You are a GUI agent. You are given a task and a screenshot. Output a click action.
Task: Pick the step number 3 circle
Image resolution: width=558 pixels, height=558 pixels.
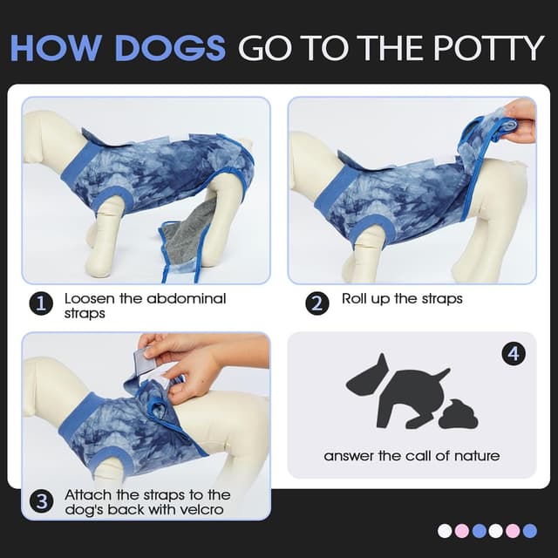pos(40,501)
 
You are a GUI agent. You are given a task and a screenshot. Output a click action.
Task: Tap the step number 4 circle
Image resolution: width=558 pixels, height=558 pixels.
pos(514,354)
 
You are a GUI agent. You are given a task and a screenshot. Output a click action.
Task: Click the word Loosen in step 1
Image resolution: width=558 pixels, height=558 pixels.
pos(89,298)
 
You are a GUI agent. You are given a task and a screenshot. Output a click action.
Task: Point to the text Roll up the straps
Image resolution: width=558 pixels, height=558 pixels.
pos(402,298)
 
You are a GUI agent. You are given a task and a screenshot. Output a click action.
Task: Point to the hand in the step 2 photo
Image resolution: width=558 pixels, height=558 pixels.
pos(521,120)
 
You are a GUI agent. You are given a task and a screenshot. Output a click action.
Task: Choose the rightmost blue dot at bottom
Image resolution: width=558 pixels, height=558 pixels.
pos(529,530)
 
